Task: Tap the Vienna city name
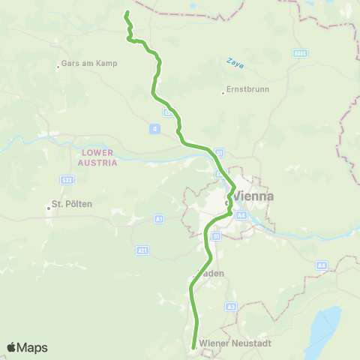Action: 253,196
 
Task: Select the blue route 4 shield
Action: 154,129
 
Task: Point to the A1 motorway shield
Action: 159,218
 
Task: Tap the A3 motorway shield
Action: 230,306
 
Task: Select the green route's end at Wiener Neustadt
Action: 193,346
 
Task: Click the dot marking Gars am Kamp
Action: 58,67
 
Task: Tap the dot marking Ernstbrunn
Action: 223,93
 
